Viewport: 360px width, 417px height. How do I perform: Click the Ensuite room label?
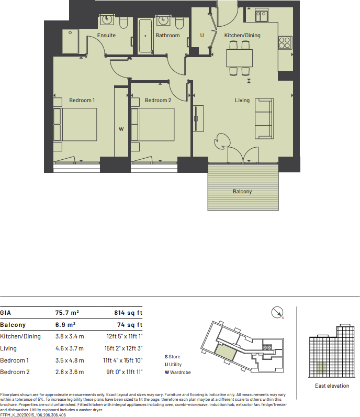click(106, 36)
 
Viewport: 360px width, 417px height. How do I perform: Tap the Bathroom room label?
click(167, 36)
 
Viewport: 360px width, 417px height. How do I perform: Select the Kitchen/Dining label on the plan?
click(242, 36)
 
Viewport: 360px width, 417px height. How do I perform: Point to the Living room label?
click(242, 100)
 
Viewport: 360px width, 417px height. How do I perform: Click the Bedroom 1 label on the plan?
click(82, 100)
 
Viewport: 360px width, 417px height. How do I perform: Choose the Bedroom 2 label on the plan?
click(158, 100)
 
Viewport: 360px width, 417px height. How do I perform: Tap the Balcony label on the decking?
click(242, 191)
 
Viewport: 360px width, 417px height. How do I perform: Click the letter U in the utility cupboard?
click(202, 36)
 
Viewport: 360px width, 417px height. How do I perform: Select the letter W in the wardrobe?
click(121, 128)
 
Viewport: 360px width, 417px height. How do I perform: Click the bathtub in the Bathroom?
click(145, 36)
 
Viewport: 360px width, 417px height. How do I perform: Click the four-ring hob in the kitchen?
click(285, 42)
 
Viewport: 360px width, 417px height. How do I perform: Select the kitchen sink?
click(261, 15)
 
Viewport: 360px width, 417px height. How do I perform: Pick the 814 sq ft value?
click(128, 313)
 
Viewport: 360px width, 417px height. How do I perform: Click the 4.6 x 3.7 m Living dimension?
click(70, 348)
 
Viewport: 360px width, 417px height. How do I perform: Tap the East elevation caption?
click(332, 386)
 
